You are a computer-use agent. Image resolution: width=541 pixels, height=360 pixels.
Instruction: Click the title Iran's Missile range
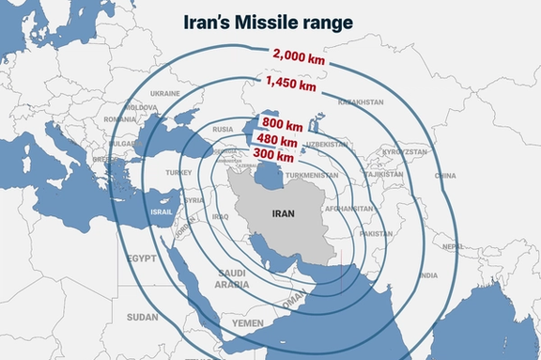point(270,22)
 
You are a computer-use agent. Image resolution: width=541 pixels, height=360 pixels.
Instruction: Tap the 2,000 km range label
point(300,56)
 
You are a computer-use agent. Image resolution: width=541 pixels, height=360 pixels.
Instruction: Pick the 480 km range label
point(277,140)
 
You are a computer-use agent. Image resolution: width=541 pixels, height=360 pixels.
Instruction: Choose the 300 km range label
point(274,155)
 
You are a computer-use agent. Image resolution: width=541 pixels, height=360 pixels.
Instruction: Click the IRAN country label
point(283,213)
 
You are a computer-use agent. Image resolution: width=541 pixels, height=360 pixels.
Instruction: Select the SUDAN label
point(142,317)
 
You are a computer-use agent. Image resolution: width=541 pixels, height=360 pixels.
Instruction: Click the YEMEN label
point(248,322)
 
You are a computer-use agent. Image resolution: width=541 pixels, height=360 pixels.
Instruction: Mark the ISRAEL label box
point(162,211)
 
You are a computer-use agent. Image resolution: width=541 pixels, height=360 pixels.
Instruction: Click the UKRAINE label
point(165,94)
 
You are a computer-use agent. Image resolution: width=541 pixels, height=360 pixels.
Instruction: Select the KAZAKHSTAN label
point(361,102)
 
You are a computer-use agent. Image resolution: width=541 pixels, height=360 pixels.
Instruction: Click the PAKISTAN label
point(376,233)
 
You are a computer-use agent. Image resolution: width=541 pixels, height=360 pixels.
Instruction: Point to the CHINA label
point(445,176)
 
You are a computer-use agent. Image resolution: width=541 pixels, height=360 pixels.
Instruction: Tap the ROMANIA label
point(120,120)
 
